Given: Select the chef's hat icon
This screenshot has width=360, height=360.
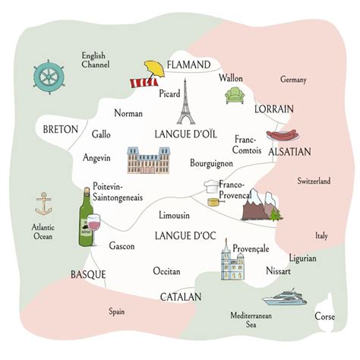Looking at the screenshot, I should tap(211, 187).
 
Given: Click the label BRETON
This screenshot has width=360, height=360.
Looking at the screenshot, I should tap(61, 129).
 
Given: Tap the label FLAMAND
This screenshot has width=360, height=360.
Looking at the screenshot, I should tap(188, 65).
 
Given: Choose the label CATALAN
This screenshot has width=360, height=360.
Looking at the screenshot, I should tap(180, 296).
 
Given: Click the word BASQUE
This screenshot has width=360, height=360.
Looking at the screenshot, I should tap(88, 274).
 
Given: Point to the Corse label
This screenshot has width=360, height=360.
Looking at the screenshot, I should tap(324, 316).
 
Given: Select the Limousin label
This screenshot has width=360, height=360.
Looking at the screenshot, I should tap(175, 216).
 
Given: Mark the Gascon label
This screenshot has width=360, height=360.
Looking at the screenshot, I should tap(122, 247).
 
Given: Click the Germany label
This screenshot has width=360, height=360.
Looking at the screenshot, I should tap(293, 80).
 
